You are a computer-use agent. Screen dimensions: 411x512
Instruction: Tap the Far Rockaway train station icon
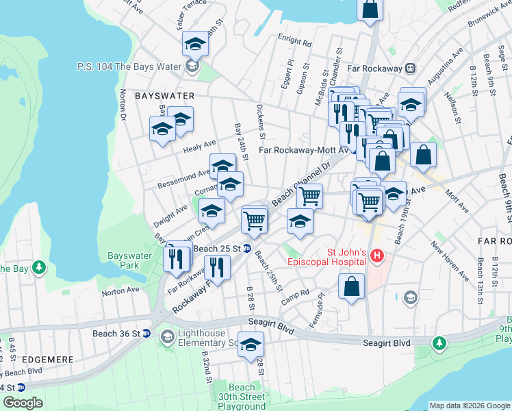[x=411, y=68]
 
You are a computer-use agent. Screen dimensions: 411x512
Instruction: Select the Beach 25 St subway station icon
[x=247, y=248]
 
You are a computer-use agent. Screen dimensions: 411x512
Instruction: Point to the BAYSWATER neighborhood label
[x=164, y=96]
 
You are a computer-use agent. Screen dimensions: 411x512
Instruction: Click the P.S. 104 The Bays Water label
[x=129, y=66]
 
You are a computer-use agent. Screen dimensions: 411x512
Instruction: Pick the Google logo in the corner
[x=23, y=402]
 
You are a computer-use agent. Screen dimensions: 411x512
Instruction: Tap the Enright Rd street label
[x=294, y=41]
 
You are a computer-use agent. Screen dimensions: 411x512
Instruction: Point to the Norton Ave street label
[x=120, y=291]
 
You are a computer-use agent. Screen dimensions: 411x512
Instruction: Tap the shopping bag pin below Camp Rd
[x=351, y=286]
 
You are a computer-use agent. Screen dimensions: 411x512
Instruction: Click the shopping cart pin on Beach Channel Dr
[x=309, y=196]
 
